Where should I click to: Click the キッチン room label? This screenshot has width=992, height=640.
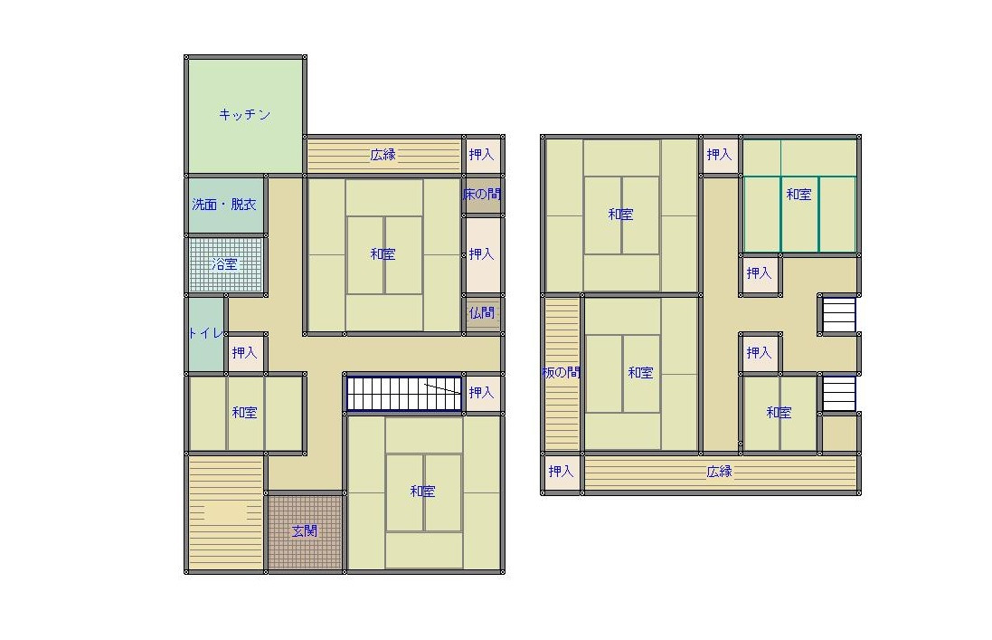(x=244, y=115)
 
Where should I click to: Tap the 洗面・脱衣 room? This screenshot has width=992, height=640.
(x=224, y=205)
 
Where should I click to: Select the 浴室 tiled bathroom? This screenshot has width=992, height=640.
(x=224, y=264)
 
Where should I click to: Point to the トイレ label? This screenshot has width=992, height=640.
(x=205, y=333)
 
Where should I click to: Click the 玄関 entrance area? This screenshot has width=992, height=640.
(x=305, y=531)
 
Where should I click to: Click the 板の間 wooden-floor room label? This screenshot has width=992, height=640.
(x=562, y=372)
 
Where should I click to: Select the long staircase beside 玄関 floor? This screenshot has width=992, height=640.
(x=403, y=393)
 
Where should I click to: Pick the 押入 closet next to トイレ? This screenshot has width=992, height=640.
(x=245, y=353)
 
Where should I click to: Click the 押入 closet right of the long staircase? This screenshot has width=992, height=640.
(x=481, y=393)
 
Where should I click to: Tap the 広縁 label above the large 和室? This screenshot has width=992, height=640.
(x=383, y=155)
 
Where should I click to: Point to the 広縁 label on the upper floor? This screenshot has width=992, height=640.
(x=719, y=472)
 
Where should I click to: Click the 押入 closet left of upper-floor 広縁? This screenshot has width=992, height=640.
(x=561, y=472)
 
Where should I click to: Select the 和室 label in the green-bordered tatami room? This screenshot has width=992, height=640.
(x=798, y=195)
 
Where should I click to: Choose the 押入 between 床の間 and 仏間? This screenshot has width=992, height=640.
(x=481, y=253)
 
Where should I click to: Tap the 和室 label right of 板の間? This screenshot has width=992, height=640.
(x=640, y=373)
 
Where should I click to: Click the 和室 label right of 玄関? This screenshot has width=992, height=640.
(x=422, y=492)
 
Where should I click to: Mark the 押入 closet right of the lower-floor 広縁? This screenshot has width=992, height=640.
(x=481, y=155)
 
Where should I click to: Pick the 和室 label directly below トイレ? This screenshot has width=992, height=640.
(x=245, y=413)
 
